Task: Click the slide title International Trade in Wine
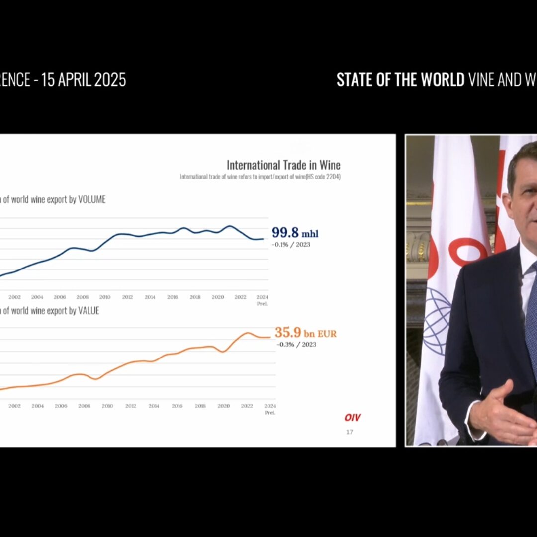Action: click(283, 165)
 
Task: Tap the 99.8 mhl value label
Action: click(295, 233)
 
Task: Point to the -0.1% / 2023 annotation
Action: click(291, 245)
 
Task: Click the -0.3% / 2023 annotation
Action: click(296, 345)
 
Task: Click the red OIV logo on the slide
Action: click(353, 418)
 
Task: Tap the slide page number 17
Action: click(350, 432)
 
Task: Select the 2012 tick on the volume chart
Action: click(127, 297)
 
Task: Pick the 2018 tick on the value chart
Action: click(200, 406)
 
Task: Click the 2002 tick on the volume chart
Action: click(14, 297)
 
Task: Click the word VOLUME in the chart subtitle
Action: click(92, 200)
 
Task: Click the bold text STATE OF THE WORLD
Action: click(400, 80)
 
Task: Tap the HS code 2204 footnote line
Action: click(260, 177)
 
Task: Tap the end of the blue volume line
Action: click(263, 239)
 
